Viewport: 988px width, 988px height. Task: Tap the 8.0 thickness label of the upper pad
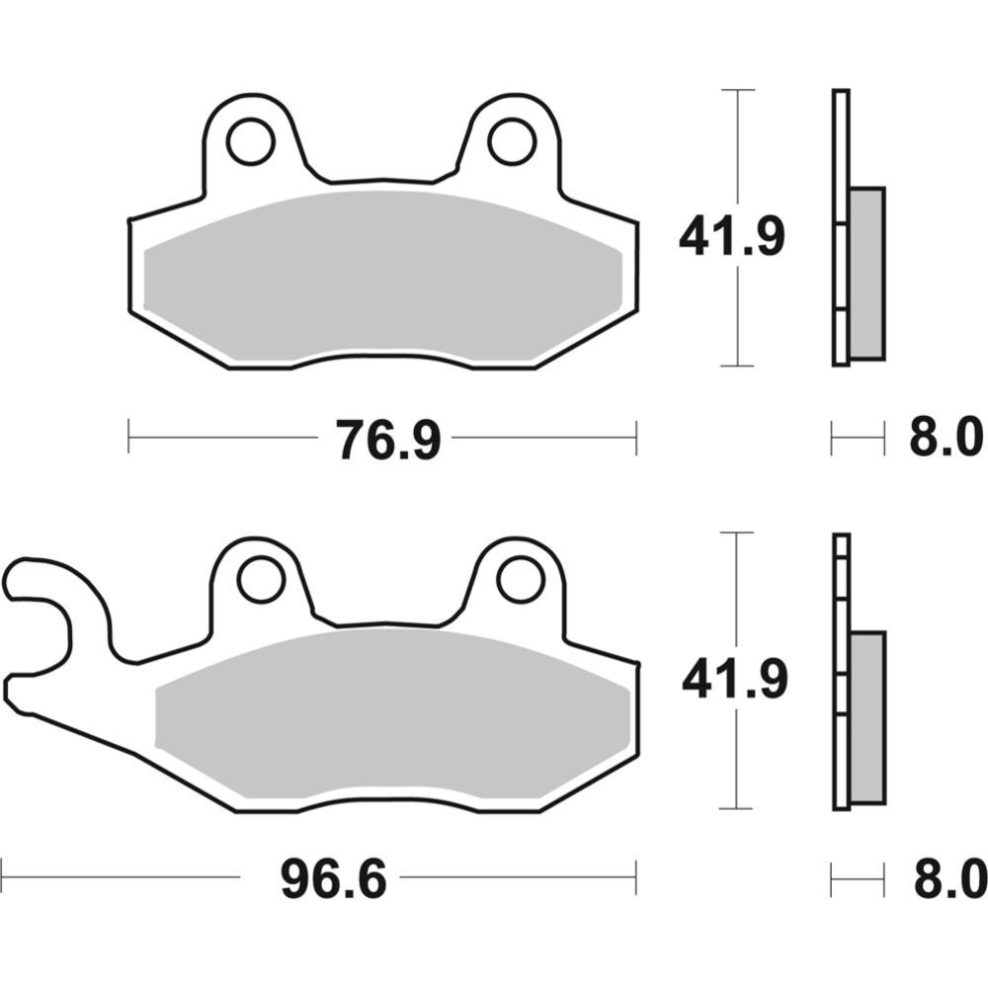(946, 439)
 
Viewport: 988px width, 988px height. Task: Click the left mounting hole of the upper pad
(250, 142)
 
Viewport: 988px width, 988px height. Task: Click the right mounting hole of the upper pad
(512, 142)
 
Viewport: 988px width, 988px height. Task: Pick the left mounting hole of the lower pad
(261, 579)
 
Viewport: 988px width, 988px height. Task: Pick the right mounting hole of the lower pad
(521, 579)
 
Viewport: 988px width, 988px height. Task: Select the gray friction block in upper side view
(866, 273)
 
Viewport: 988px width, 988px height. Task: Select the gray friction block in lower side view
(867, 716)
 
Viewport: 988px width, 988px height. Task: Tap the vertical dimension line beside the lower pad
(738, 593)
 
